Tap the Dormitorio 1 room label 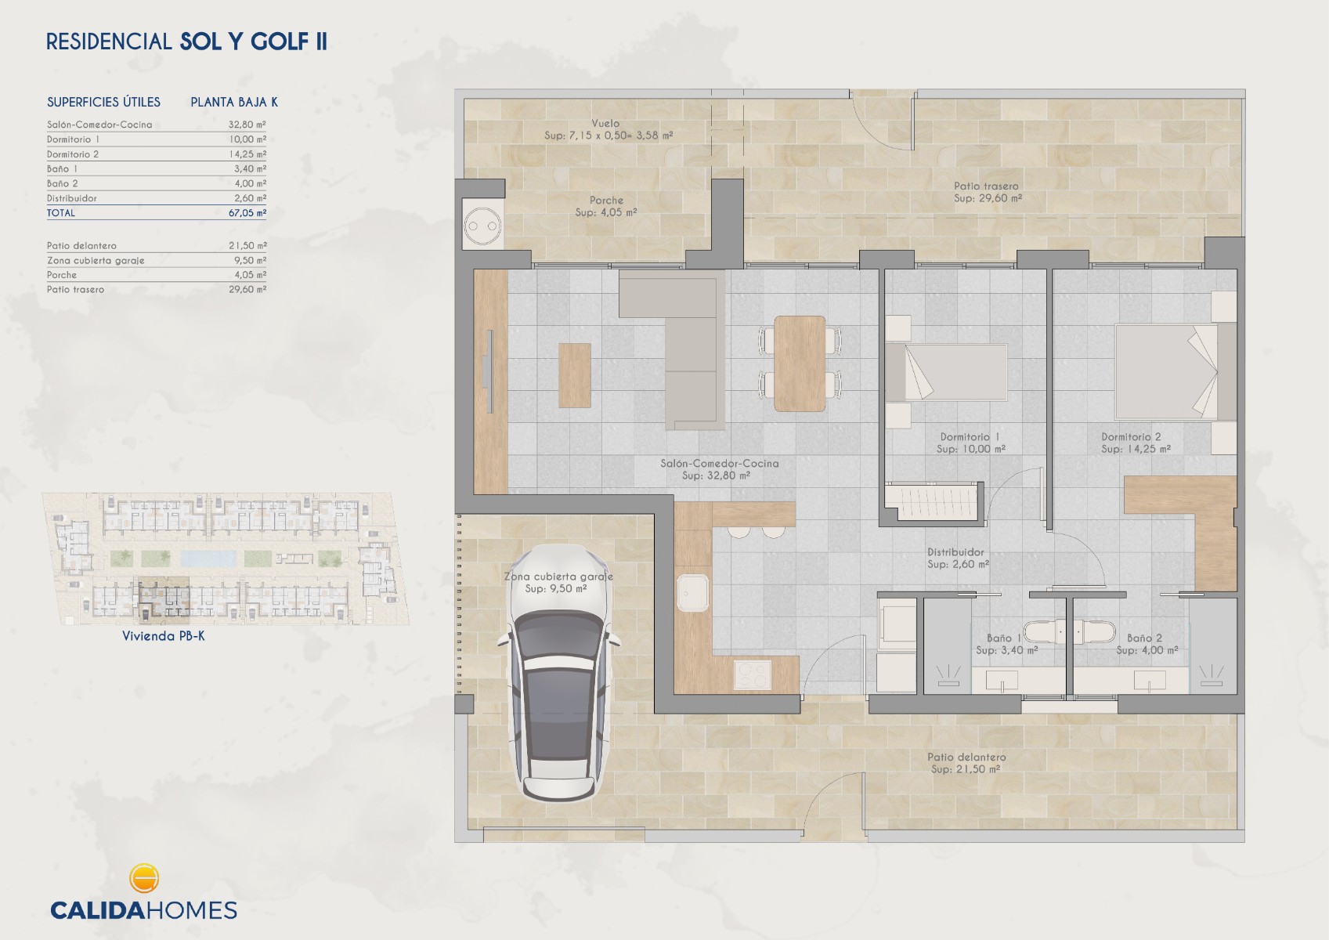point(970,437)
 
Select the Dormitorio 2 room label point(1131,437)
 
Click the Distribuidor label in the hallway point(955,552)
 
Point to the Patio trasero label point(986,186)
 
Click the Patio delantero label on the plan point(966,757)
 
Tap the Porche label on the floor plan point(606,201)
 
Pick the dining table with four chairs point(799,363)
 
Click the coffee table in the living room point(574,375)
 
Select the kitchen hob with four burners point(753,674)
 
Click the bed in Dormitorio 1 point(946,372)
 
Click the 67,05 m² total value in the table point(247,213)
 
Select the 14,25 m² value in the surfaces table point(247,154)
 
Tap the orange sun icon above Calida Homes point(143,878)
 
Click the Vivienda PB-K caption point(164,636)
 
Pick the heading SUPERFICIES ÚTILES point(104,102)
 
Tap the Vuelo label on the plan point(605,124)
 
